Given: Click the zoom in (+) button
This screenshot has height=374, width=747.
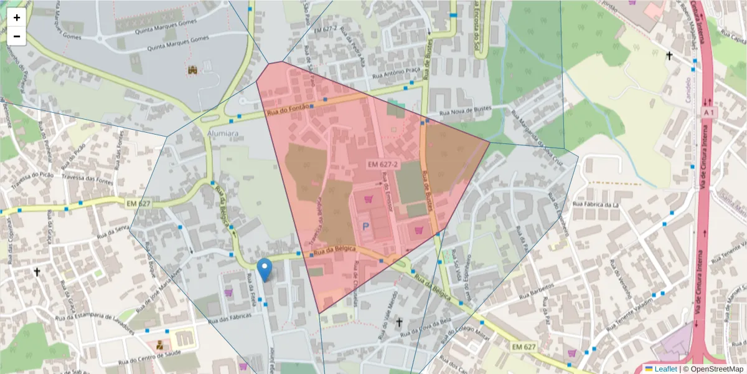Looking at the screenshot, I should point(17,18).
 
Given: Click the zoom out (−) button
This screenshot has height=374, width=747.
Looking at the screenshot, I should point(17,36).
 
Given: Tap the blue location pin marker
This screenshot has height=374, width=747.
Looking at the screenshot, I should point(265,270).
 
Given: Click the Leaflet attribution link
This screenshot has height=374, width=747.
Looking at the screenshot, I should point(661,369).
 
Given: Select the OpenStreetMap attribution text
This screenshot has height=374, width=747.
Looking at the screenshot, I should point(716,369).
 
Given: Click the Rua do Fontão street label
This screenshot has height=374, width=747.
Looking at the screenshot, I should point(288,110).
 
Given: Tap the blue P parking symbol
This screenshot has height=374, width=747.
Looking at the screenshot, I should point(365,227).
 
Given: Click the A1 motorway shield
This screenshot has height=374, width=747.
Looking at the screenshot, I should point(708,112).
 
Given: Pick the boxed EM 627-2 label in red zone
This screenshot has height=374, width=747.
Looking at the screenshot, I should point(383,165).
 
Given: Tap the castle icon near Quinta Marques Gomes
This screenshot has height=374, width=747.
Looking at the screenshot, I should point(193,70).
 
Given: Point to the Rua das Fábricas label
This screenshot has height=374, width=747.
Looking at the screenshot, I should point(232,315).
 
